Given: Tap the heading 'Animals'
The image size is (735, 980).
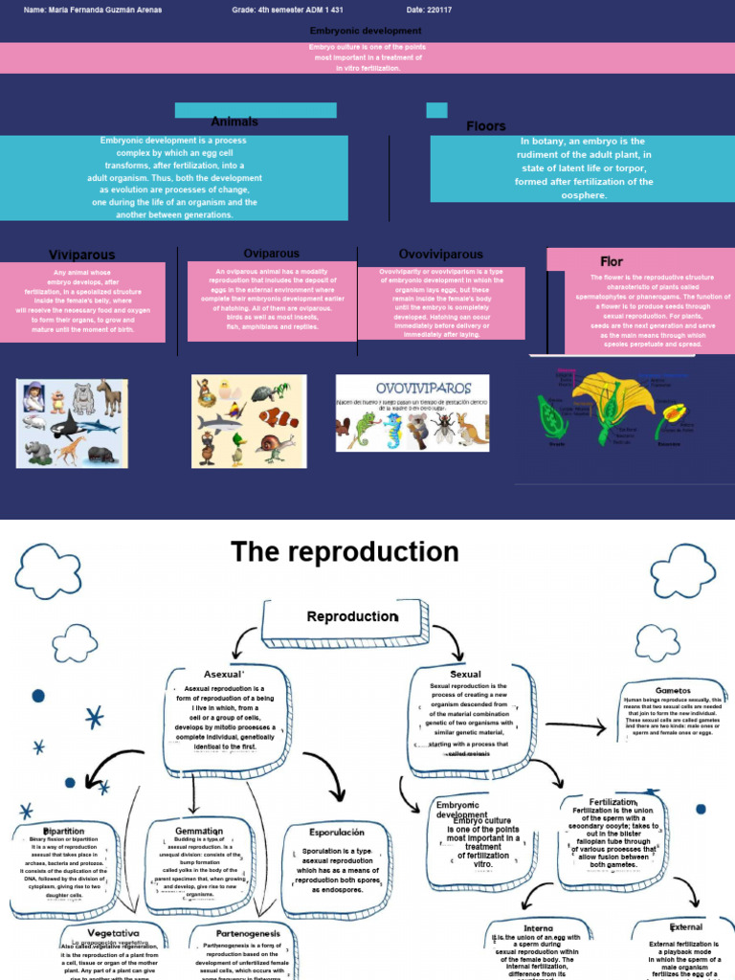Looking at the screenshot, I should (234, 122).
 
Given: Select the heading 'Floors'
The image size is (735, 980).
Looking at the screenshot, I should (486, 126).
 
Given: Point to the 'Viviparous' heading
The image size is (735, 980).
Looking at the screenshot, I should (82, 256).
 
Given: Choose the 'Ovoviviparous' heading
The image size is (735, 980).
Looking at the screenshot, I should (440, 255).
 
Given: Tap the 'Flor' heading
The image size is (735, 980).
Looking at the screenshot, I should (612, 261).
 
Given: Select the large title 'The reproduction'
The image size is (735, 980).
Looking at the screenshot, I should (345, 552).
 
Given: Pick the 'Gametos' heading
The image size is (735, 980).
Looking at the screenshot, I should (673, 690).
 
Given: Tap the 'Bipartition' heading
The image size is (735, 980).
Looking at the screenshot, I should (64, 831).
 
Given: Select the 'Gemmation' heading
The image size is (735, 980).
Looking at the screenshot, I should (199, 831).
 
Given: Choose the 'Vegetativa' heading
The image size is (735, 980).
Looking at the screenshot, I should (113, 932).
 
